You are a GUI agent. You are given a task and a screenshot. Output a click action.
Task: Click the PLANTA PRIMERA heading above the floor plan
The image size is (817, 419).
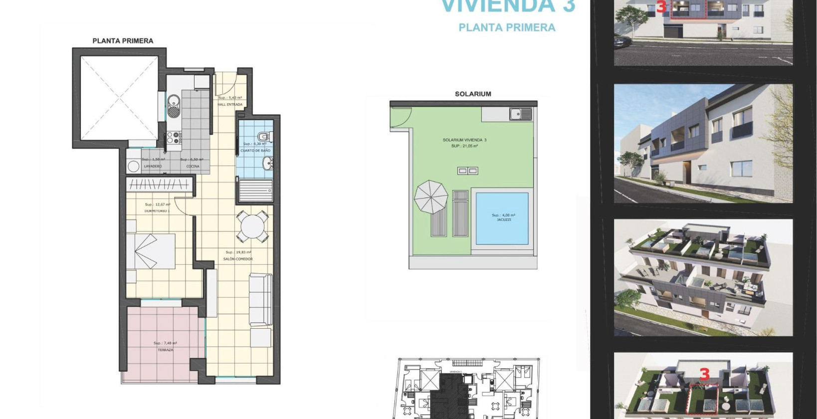[x=123, y=41]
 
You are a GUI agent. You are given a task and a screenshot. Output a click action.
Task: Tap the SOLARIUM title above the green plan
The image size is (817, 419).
[x=473, y=94]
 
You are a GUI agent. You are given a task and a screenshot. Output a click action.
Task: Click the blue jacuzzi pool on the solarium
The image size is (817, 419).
[x=502, y=218]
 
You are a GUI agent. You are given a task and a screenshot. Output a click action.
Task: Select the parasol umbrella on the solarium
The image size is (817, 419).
[x=431, y=197]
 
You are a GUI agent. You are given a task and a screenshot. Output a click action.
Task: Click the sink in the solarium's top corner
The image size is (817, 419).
[x=520, y=114]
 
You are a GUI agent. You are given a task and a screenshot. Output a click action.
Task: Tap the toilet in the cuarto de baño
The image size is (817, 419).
[x=263, y=136]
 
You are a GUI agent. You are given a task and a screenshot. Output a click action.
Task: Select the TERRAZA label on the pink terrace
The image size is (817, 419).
[x=165, y=350]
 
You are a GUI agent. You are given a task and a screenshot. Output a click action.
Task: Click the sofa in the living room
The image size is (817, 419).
[x=261, y=300]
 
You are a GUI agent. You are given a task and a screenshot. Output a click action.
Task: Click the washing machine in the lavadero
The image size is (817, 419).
[x=134, y=166]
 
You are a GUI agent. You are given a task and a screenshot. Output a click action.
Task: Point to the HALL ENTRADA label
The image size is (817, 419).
[x=230, y=105]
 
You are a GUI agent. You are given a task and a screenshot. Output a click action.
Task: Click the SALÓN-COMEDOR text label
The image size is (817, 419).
[x=239, y=259]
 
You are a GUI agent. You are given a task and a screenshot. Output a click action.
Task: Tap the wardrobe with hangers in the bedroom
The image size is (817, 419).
[x=159, y=185]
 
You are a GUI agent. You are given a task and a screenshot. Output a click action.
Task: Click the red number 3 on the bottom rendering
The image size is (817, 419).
[x=704, y=374]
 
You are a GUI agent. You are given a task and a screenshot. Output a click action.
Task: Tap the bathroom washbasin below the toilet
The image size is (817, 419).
[x=267, y=162]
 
